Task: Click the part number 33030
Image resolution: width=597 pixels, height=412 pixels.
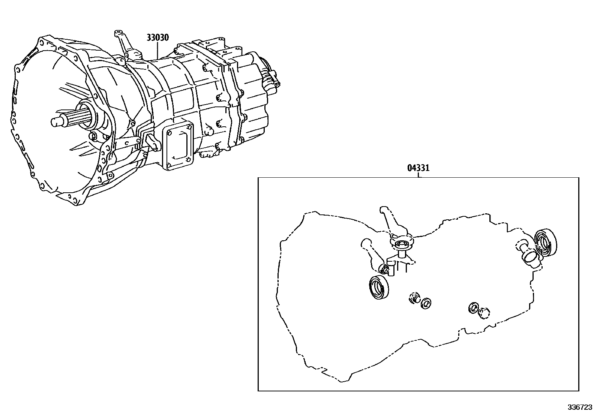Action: (157, 37)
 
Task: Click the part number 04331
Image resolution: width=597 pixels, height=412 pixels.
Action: (418, 168)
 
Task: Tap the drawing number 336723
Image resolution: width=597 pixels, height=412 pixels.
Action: (580, 407)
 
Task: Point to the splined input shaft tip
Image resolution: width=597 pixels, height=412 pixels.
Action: (56, 121)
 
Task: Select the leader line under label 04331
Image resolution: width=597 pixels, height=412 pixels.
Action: (419, 175)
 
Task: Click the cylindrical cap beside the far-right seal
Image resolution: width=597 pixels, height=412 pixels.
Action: (530, 256)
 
